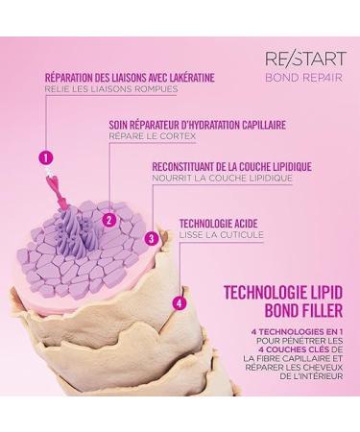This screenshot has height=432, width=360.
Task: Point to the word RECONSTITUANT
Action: [184, 167]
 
